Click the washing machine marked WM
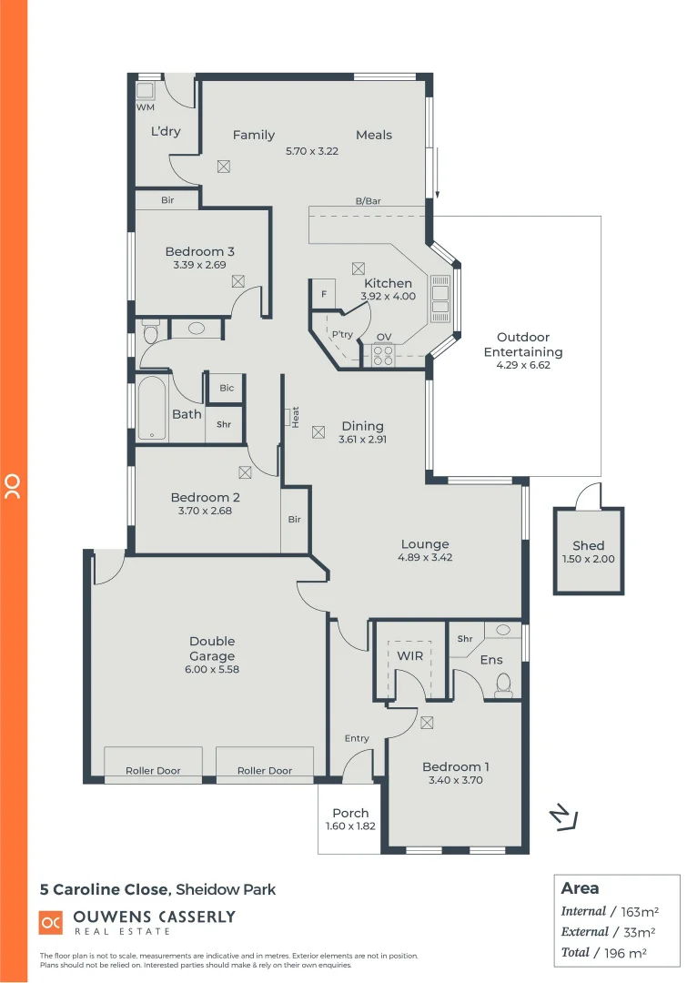click(x=146, y=91)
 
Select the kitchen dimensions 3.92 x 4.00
click(x=389, y=296)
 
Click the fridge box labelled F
click(x=323, y=295)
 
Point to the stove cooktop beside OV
click(x=383, y=355)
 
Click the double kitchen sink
click(x=439, y=299)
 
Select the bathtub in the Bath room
click(x=152, y=409)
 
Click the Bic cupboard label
click(x=227, y=388)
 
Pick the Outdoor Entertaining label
click(x=522, y=344)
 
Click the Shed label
click(x=588, y=546)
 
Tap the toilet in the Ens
click(x=503, y=685)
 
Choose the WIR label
click(x=407, y=654)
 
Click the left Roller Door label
click(x=152, y=770)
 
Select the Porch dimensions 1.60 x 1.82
click(x=350, y=826)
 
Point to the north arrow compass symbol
click(x=565, y=817)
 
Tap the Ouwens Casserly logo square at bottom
click(x=51, y=922)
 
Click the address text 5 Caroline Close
click(x=104, y=889)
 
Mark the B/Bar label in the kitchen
click(x=368, y=201)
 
